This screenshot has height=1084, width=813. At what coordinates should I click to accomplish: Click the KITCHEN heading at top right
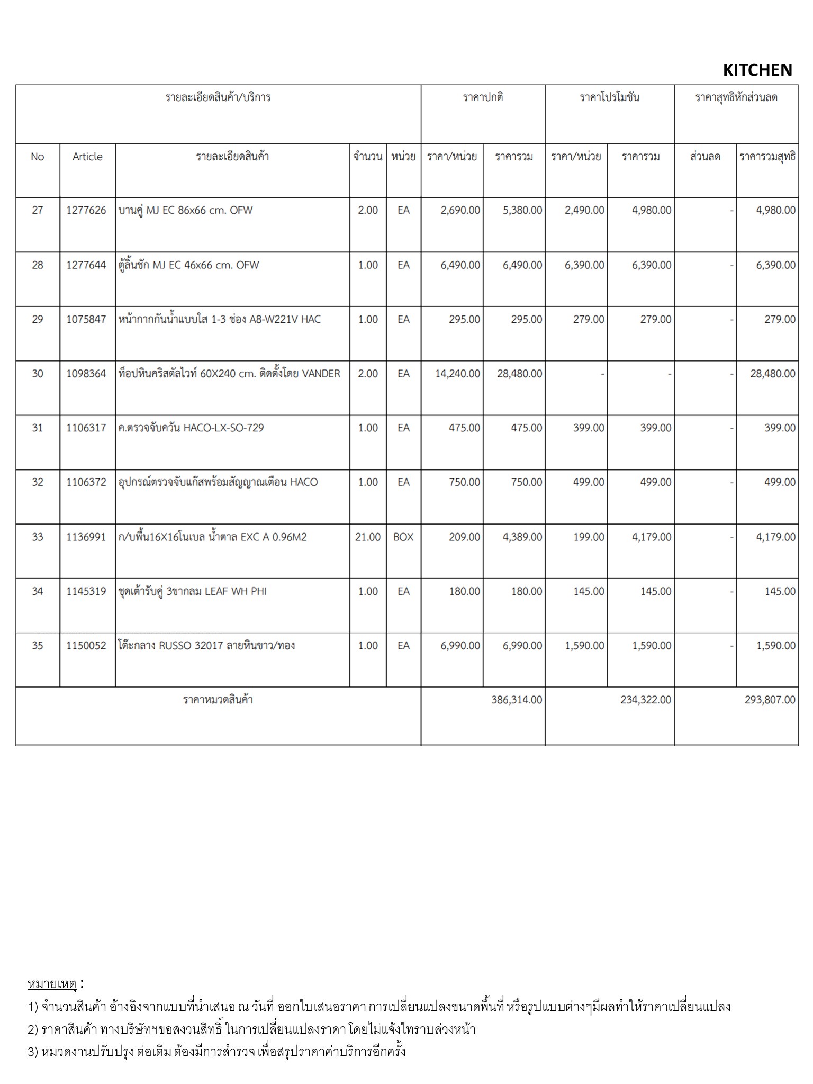click(x=757, y=70)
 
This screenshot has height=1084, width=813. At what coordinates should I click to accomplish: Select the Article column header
click(x=87, y=157)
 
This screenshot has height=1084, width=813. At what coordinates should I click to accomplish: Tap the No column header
click(x=37, y=157)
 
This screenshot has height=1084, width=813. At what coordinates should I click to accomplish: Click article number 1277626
click(x=86, y=210)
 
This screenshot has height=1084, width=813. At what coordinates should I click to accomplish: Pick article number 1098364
click(x=86, y=374)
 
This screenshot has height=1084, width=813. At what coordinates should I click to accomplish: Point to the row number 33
click(x=37, y=537)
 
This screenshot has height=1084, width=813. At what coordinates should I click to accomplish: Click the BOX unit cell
click(x=403, y=537)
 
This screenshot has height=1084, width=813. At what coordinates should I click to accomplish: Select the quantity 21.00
click(x=368, y=537)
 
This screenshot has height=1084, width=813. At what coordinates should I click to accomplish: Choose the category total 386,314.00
click(x=517, y=700)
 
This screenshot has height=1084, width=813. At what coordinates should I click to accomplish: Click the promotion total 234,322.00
click(x=646, y=700)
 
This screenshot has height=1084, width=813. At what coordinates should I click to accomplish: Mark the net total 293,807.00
click(x=770, y=700)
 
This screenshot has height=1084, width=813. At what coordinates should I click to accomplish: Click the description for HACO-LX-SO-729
click(x=191, y=428)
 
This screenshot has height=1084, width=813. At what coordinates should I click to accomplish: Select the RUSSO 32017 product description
click(x=207, y=646)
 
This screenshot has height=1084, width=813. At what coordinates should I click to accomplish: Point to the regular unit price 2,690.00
click(x=460, y=210)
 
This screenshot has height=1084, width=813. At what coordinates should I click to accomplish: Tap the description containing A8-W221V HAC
click(x=220, y=319)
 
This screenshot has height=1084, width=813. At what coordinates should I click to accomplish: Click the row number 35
click(x=37, y=646)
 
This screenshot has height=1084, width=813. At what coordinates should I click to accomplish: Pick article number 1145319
click(x=86, y=591)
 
